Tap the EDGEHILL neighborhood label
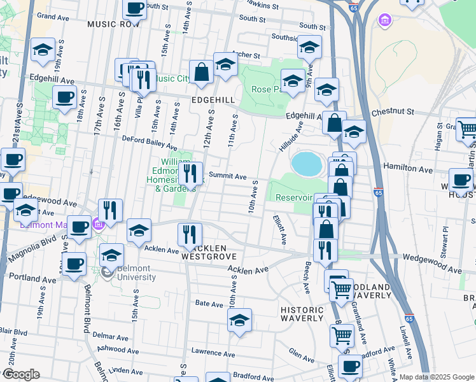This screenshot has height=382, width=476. point(213,101)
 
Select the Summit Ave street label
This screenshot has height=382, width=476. point(232,176)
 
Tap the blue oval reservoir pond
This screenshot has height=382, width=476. point(307,164)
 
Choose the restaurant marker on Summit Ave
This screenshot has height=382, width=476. point(191,173)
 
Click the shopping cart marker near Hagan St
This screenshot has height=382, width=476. point(467,129)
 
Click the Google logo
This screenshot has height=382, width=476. point(21,374)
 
